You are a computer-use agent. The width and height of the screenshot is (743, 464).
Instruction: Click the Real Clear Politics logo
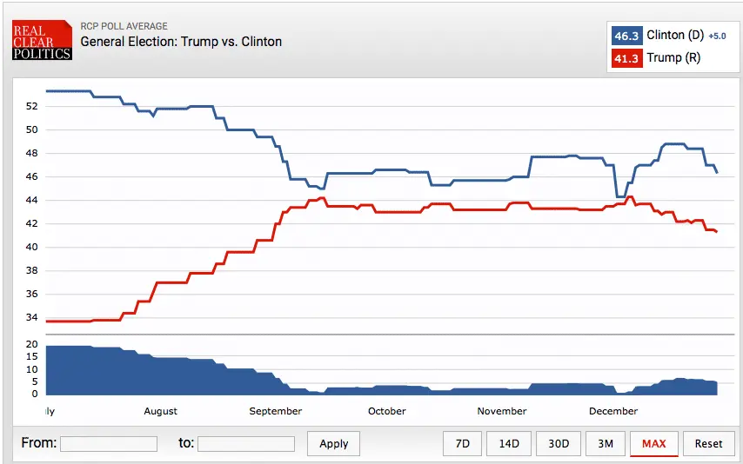pyautogui.click(x=42, y=40)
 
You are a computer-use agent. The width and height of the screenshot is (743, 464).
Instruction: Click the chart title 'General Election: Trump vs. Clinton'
pyautogui.click(x=181, y=42)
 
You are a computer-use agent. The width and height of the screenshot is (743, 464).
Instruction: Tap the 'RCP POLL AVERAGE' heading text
pyautogui.click(x=124, y=26)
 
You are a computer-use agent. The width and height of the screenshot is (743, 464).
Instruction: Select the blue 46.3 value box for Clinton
pyautogui.click(x=626, y=36)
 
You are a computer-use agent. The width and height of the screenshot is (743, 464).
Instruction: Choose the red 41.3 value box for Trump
pyautogui.click(x=626, y=58)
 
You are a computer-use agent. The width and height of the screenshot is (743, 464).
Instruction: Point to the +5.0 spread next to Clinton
pyautogui.click(x=716, y=36)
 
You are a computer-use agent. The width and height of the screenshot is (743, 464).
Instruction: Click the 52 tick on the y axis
pyautogui.click(x=31, y=106)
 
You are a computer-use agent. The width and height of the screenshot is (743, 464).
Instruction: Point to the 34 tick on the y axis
pyautogui.click(x=31, y=317)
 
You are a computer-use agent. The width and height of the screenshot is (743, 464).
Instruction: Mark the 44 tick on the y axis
pyautogui.click(x=31, y=200)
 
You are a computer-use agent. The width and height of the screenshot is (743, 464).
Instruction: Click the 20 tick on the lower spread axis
pyautogui.click(x=31, y=345)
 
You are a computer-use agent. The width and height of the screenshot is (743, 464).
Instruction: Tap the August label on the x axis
pyautogui.click(x=160, y=411)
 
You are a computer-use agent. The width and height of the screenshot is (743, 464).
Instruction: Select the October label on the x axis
pyautogui.click(x=386, y=411)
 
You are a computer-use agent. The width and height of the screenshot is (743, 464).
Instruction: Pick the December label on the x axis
pyautogui.click(x=613, y=411)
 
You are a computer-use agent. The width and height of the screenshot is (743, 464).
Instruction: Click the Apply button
pyautogui.click(x=334, y=443)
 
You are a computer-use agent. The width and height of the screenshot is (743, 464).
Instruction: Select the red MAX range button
pyautogui.click(x=653, y=443)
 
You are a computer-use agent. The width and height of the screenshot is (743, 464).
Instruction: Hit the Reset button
pyautogui.click(x=708, y=443)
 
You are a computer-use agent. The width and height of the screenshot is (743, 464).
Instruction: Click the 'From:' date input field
pyautogui.click(x=109, y=444)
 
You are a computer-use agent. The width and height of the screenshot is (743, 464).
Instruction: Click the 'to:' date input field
pyautogui.click(x=246, y=444)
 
